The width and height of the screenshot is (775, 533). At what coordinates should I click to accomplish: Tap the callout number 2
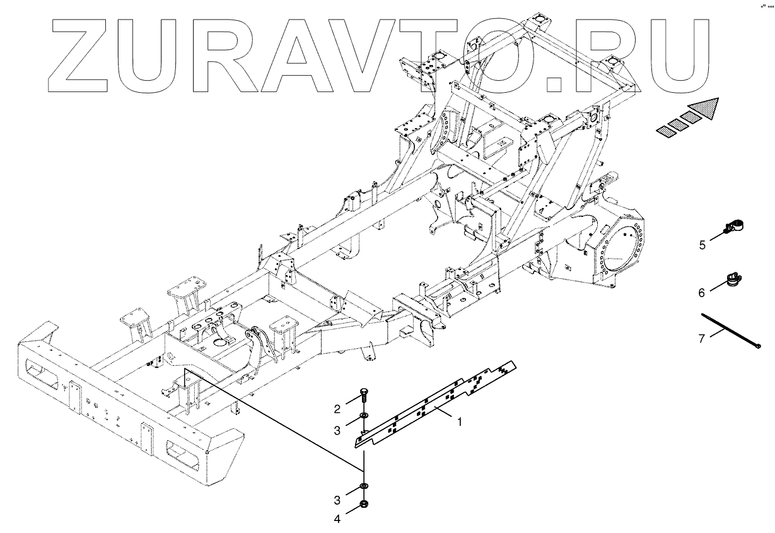[337, 407]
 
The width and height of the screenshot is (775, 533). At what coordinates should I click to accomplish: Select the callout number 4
[337, 519]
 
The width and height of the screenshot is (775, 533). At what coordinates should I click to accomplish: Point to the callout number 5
[702, 245]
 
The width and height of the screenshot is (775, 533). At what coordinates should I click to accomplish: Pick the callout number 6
[702, 292]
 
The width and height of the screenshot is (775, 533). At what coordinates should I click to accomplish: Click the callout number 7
[702, 339]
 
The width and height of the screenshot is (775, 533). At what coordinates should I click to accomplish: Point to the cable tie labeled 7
[731, 329]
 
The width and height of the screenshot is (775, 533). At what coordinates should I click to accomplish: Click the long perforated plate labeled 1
[435, 404]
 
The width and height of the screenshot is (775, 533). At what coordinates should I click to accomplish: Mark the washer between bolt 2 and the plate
[364, 416]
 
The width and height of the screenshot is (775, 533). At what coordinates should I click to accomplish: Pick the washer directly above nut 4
[364, 486]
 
